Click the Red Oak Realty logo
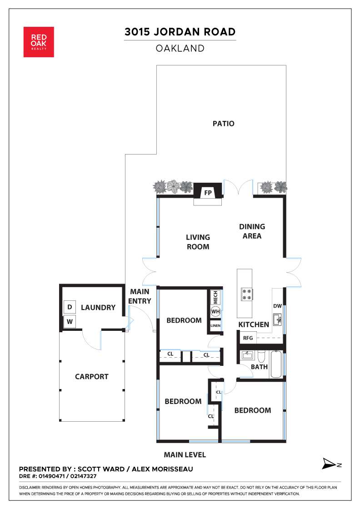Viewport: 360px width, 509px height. (x=39, y=42)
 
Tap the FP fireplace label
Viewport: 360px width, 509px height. (x=208, y=193)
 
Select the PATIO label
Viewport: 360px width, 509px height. (x=223, y=124)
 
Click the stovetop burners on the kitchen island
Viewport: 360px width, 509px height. (x=247, y=294)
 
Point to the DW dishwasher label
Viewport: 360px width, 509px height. (x=278, y=306)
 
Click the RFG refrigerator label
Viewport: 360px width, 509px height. (x=248, y=338)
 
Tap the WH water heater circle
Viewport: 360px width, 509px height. (x=215, y=312)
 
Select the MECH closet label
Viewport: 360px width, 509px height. (x=215, y=297)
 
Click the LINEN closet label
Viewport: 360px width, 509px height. (x=215, y=325)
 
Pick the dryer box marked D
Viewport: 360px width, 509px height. (x=70, y=307)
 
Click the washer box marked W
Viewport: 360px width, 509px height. (x=70, y=322)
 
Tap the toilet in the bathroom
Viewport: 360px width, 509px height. (x=262, y=357)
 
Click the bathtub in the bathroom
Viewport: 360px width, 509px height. (x=276, y=364)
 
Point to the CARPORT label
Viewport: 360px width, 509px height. (x=91, y=377)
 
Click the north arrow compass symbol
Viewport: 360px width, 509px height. (x=331, y=464)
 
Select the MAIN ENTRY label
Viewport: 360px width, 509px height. (x=140, y=296)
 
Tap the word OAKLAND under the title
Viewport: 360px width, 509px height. (x=180, y=48)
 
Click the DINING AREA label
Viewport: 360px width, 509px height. (x=252, y=231)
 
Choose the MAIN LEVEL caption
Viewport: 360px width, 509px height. (x=185, y=455)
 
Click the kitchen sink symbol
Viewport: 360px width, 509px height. (x=277, y=319)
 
